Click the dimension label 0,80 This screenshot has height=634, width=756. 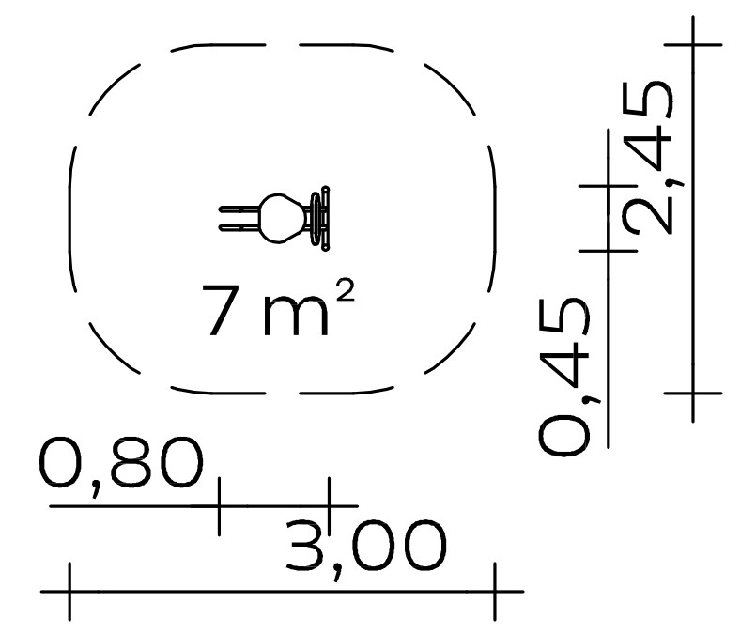tap(120, 464)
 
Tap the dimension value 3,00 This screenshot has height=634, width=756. tap(366, 548)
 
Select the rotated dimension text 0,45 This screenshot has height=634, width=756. tap(564, 376)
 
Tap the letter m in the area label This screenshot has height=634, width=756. tap(296, 317)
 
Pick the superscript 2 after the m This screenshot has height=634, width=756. tap(346, 291)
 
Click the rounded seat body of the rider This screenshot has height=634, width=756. tap(283, 218)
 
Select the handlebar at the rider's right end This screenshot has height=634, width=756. tap(320, 219)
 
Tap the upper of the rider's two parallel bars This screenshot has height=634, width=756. tap(239, 209)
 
